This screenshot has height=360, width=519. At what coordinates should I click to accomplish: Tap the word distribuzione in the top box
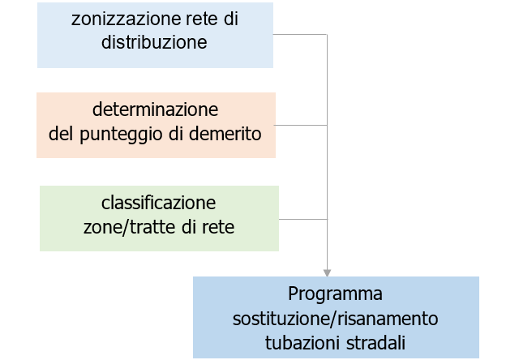click(154, 43)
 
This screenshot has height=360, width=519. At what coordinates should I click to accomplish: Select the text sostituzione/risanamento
click(336, 317)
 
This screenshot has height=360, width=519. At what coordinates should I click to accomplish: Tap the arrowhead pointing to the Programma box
click(327, 272)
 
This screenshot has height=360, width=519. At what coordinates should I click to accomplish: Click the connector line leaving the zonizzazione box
click(300, 35)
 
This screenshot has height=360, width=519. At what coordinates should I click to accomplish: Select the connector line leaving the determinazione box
click(301, 125)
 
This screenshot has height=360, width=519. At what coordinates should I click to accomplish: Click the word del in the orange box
click(60, 133)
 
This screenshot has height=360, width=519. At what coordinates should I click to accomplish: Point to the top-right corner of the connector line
click(327, 35)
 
